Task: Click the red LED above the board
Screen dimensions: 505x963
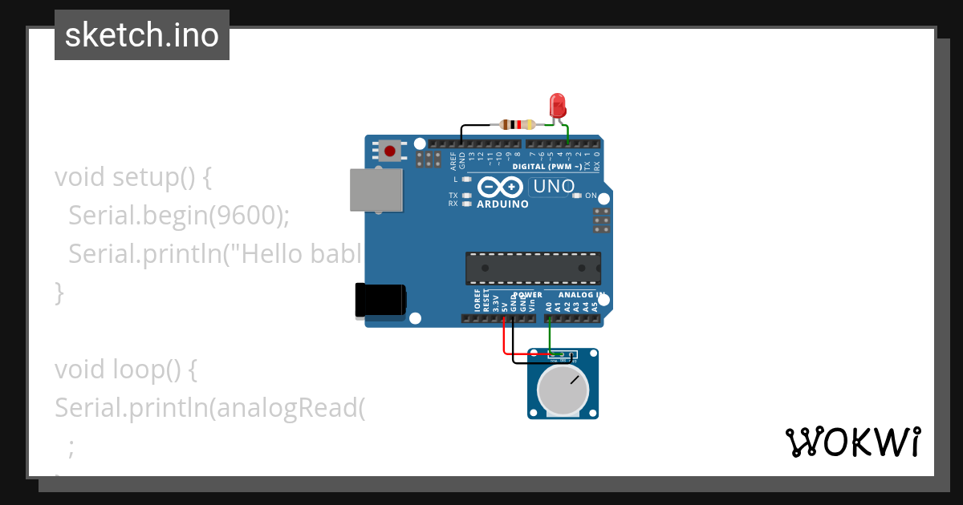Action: click(x=557, y=105)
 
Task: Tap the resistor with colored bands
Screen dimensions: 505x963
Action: click(x=518, y=124)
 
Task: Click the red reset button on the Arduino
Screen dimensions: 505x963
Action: click(x=391, y=150)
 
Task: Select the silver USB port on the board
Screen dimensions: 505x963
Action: click(x=376, y=190)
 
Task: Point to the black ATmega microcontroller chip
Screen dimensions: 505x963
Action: click(x=533, y=268)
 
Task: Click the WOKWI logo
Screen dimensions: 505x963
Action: click(x=852, y=442)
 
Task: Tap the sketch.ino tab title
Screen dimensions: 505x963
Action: click(x=142, y=35)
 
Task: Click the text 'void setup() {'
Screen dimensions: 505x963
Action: click(x=133, y=176)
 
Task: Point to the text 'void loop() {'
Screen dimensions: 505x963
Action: click(x=125, y=370)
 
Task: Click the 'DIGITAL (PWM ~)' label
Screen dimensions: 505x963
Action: click(x=553, y=167)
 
